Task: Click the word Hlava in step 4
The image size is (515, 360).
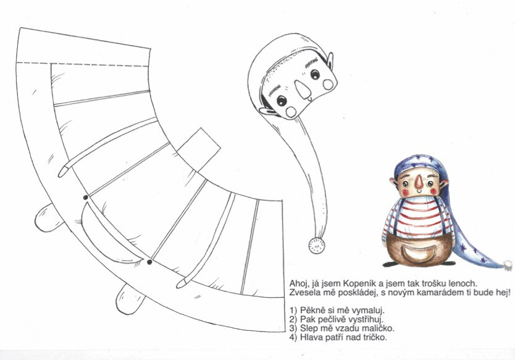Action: pos(311,337)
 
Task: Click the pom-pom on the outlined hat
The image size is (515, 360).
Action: pos(317,245)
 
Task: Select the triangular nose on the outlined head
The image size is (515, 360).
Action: pos(303,90)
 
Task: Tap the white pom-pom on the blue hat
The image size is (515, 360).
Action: pos(508,266)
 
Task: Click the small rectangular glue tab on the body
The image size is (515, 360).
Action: pos(199,150)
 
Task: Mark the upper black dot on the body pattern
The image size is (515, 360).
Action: pos(85,198)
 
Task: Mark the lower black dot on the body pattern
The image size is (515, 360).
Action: pos(149,262)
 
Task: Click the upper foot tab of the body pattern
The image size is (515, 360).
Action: pos(48,218)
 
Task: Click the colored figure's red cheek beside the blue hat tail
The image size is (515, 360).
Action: pos(434,191)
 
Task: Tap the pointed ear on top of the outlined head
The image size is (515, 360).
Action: pos(329,61)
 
